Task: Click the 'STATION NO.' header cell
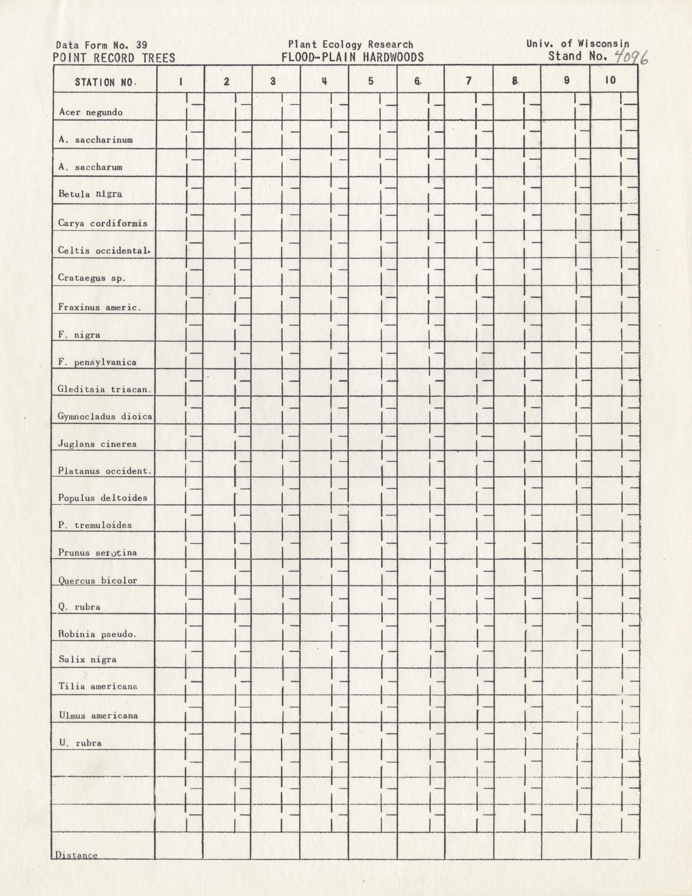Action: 105,82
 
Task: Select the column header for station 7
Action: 469,81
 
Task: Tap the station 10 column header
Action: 610,80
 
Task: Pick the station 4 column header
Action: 324,81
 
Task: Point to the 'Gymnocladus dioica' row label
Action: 105,417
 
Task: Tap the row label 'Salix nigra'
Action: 87,659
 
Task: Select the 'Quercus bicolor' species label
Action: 98,580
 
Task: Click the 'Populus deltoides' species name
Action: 103,498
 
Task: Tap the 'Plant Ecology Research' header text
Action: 351,44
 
